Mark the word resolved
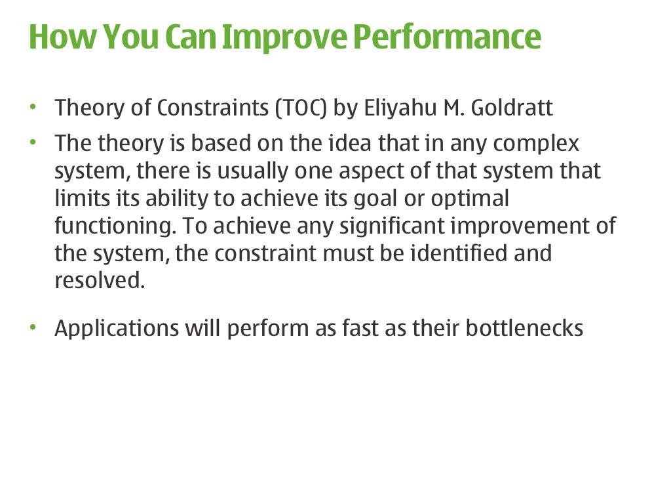coord(98,280)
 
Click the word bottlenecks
coord(524,328)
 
